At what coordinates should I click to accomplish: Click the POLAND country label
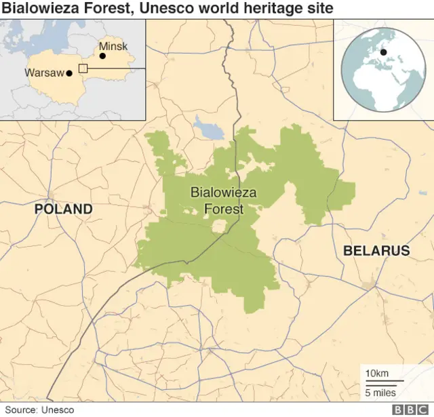coord(64,209)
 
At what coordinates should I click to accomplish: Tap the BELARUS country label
coord(376,251)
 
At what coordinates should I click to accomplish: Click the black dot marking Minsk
coord(102,57)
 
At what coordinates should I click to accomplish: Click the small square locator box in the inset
coord(83,68)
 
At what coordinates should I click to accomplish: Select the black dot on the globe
coord(383,52)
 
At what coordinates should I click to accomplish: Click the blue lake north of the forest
coord(203,127)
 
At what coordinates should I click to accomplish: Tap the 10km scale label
coord(376,374)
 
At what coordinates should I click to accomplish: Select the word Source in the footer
coord(21,410)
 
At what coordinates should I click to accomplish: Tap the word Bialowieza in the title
coord(39,9)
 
